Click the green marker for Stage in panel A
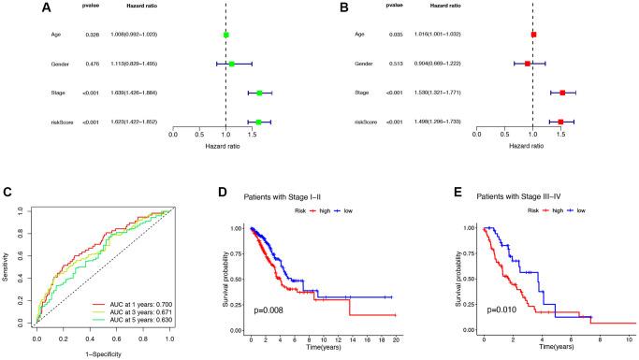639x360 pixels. pyautogui.click(x=259, y=93)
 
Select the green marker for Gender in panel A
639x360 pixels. pyautogui.click(x=231, y=64)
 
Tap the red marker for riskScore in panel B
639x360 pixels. pyautogui.click(x=560, y=122)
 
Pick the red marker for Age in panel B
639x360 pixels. pyautogui.click(x=533, y=35)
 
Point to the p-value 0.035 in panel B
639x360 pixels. pyautogui.click(x=395, y=35)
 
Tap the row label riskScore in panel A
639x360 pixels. pyautogui.click(x=64, y=122)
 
